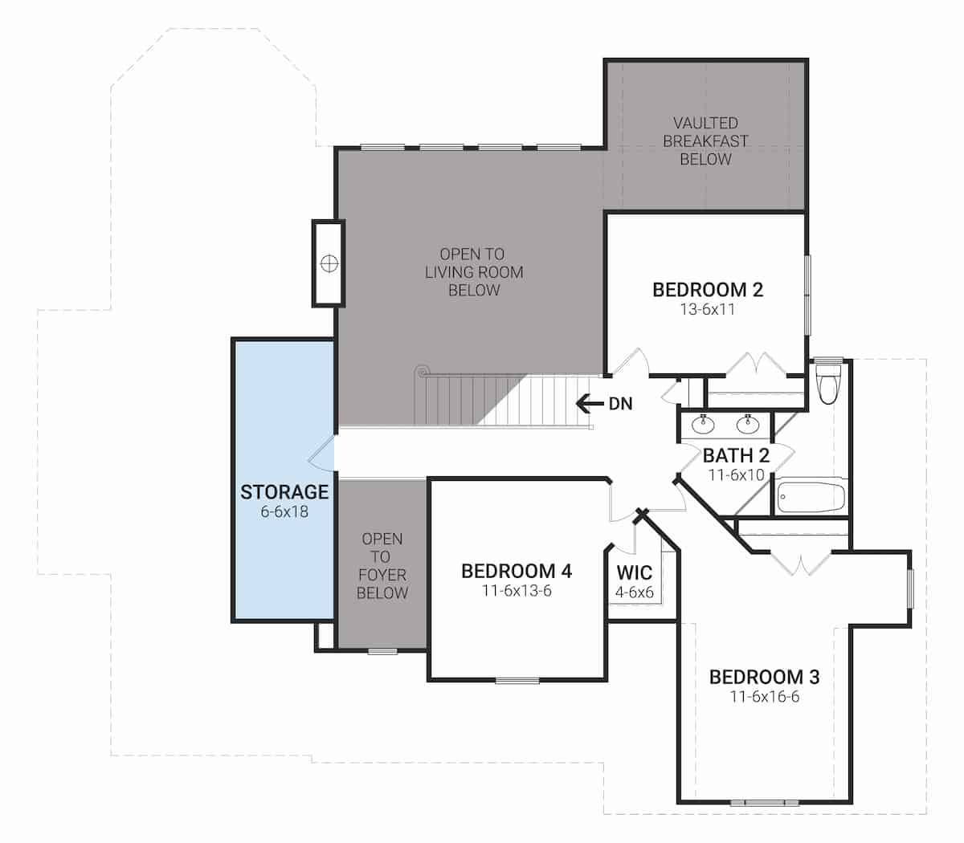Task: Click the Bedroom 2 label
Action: (x=708, y=290)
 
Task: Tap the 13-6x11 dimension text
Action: (x=708, y=309)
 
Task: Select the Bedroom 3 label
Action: (x=764, y=677)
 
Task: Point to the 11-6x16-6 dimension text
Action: (x=764, y=697)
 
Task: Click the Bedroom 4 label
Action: (x=517, y=571)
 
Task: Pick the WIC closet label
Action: (x=634, y=572)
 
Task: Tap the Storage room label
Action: (x=284, y=491)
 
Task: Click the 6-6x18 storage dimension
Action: (x=284, y=511)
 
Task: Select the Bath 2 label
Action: (x=736, y=455)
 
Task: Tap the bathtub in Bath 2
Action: (x=811, y=496)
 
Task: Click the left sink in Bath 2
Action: (x=702, y=424)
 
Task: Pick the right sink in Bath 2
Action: (x=747, y=424)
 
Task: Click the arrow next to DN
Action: (x=590, y=404)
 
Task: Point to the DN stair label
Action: (x=620, y=404)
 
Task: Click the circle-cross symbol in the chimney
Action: (x=329, y=263)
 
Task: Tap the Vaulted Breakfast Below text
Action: (x=705, y=140)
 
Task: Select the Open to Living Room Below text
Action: (x=473, y=271)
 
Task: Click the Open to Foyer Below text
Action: (x=382, y=565)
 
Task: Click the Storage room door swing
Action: (x=321, y=453)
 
